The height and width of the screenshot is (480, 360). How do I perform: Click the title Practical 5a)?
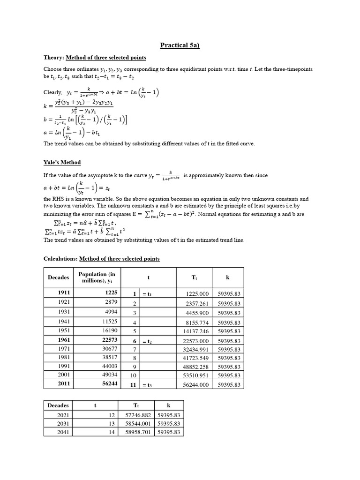point(180,45)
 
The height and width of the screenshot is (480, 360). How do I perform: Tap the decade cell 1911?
point(64,293)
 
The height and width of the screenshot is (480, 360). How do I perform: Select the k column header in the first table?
point(228,277)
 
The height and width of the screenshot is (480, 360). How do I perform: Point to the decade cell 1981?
point(64,358)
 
